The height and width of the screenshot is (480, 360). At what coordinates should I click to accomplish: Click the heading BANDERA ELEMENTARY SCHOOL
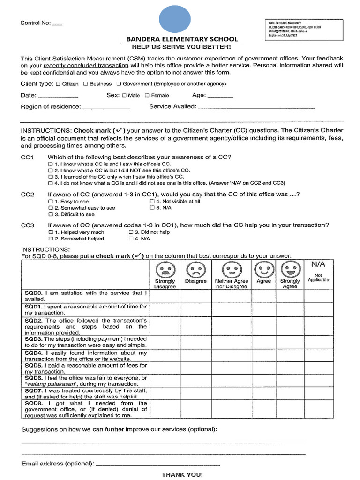click(x=182, y=39)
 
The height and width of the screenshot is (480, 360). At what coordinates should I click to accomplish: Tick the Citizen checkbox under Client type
click(x=58, y=84)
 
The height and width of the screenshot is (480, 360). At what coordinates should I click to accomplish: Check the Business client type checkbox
click(x=86, y=84)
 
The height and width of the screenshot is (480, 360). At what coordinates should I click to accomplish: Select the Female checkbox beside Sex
click(x=147, y=96)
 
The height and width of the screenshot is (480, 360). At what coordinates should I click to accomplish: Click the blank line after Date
click(x=58, y=97)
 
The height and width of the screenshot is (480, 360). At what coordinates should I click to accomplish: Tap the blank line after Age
click(x=220, y=97)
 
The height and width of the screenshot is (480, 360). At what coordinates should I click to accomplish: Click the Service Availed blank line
click(x=256, y=108)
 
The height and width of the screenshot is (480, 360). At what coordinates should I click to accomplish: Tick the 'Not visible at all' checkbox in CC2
click(x=152, y=202)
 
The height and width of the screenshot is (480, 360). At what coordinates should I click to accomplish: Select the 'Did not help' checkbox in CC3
click(x=131, y=232)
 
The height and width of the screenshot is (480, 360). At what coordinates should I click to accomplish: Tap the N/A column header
click(x=318, y=265)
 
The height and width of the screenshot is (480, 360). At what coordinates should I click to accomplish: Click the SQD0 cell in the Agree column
click(x=263, y=296)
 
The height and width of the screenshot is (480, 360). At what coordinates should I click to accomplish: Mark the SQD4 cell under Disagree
click(x=195, y=355)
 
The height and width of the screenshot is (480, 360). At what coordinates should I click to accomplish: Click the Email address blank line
click(x=157, y=465)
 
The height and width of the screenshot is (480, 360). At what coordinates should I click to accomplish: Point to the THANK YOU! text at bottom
click(x=182, y=474)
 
